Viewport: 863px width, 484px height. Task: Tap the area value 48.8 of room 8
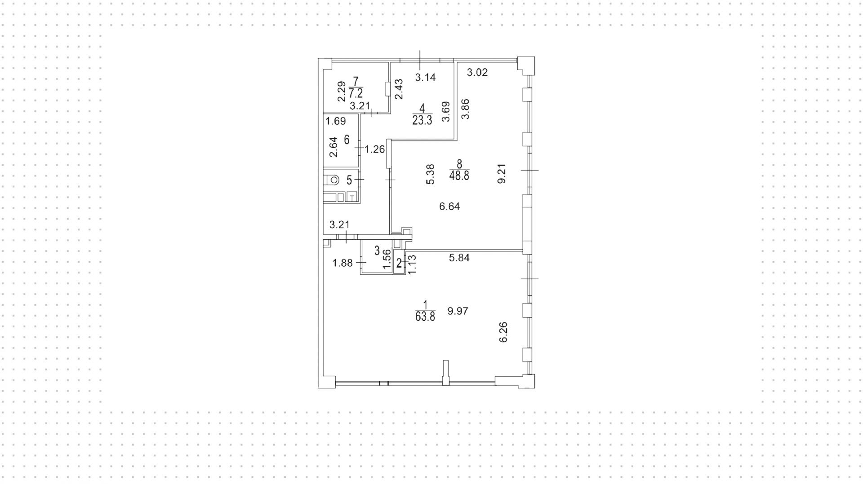click(459, 176)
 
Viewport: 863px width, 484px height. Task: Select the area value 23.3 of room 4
click(422, 120)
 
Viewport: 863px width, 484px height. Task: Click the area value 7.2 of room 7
click(356, 93)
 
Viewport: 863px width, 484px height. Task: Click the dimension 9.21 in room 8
click(502, 173)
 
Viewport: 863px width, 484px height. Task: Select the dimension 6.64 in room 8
click(449, 207)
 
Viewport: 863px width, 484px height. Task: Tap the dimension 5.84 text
click(459, 258)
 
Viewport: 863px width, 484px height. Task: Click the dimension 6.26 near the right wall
click(503, 332)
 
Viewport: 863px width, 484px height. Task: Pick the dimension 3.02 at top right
click(477, 72)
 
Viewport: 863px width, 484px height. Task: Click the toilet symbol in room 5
click(332, 180)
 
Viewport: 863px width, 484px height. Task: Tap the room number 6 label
click(347, 140)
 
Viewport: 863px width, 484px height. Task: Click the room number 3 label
click(377, 250)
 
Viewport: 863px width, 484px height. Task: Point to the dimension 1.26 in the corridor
click(375, 149)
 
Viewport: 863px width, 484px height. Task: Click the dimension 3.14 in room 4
click(425, 77)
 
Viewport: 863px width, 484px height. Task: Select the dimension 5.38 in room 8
click(430, 174)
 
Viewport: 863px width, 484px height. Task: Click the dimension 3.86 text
click(466, 109)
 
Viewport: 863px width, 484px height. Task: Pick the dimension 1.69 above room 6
click(336, 121)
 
